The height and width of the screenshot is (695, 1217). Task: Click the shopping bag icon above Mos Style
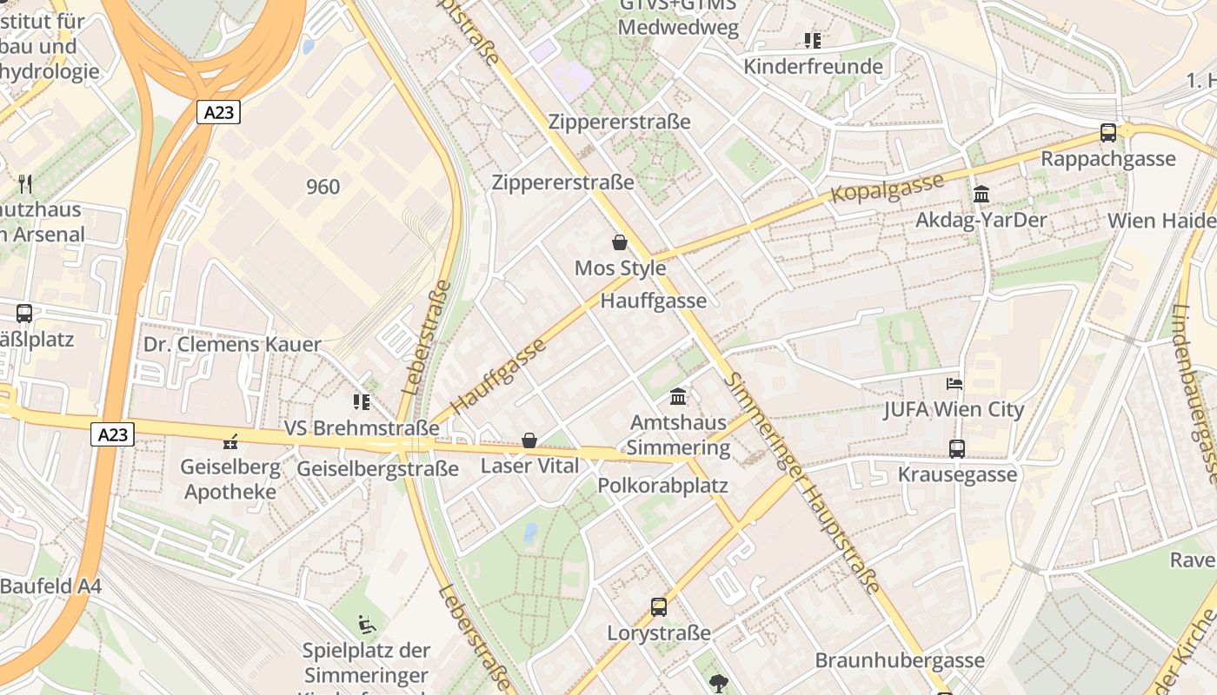620,242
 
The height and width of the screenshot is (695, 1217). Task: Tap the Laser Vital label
529,466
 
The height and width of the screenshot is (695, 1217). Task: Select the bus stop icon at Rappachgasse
1107,133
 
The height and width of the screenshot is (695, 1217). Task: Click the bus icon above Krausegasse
957,449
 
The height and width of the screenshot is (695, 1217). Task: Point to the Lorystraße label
659,632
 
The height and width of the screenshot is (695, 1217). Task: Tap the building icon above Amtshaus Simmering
678,397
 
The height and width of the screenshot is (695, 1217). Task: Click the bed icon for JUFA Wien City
954,383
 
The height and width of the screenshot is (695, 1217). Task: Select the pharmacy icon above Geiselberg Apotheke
230,442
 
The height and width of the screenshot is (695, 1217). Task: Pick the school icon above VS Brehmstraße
362,401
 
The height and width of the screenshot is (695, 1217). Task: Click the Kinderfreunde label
813,66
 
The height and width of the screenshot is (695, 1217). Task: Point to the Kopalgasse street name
887,189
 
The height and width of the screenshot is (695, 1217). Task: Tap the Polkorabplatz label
662,486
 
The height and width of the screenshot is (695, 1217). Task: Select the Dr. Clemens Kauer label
232,344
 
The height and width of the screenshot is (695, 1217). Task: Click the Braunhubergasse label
900,660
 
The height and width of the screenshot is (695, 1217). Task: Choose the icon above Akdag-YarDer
981,195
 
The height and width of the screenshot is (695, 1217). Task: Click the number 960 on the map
323,186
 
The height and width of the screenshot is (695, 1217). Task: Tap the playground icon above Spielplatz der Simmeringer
367,624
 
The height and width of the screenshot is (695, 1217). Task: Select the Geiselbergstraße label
377,469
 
